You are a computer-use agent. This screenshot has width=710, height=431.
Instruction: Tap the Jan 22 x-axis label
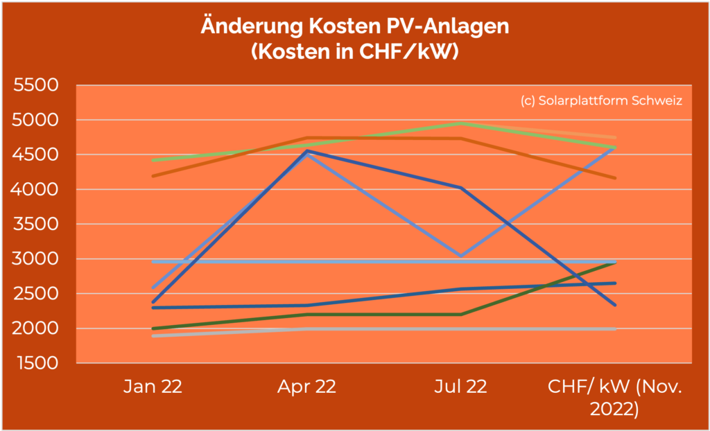[153, 387]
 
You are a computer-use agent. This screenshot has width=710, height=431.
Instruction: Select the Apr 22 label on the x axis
[306, 387]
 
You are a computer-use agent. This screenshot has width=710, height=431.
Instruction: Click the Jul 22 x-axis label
[460, 387]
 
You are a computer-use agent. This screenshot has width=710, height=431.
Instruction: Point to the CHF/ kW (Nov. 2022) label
[614, 397]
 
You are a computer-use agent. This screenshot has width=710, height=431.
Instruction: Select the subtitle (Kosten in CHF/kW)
[355, 51]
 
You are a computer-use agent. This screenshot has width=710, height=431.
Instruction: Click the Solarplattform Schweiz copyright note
[601, 100]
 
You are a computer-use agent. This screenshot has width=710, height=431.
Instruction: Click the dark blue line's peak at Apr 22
[306, 150]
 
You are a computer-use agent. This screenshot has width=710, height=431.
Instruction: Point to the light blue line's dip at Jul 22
[460, 256]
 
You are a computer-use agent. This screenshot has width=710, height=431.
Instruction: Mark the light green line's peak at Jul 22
[460, 123]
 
